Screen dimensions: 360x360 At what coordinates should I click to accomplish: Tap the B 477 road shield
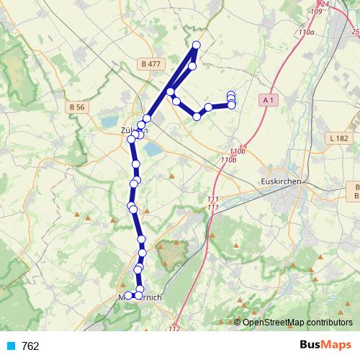click(x=151, y=64)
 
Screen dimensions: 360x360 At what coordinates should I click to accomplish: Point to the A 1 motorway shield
click(x=269, y=100)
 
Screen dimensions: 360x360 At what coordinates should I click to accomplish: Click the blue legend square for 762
click(x=9, y=346)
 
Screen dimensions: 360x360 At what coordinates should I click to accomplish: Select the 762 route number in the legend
click(x=30, y=346)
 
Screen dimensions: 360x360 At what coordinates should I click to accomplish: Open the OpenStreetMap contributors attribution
click(x=297, y=323)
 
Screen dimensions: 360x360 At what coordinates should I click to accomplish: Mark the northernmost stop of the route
click(x=196, y=46)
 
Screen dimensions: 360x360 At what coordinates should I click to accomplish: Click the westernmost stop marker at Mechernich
click(x=128, y=296)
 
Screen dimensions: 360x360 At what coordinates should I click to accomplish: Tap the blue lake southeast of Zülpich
click(x=153, y=150)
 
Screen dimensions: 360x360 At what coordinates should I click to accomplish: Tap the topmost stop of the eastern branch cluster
click(x=231, y=94)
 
